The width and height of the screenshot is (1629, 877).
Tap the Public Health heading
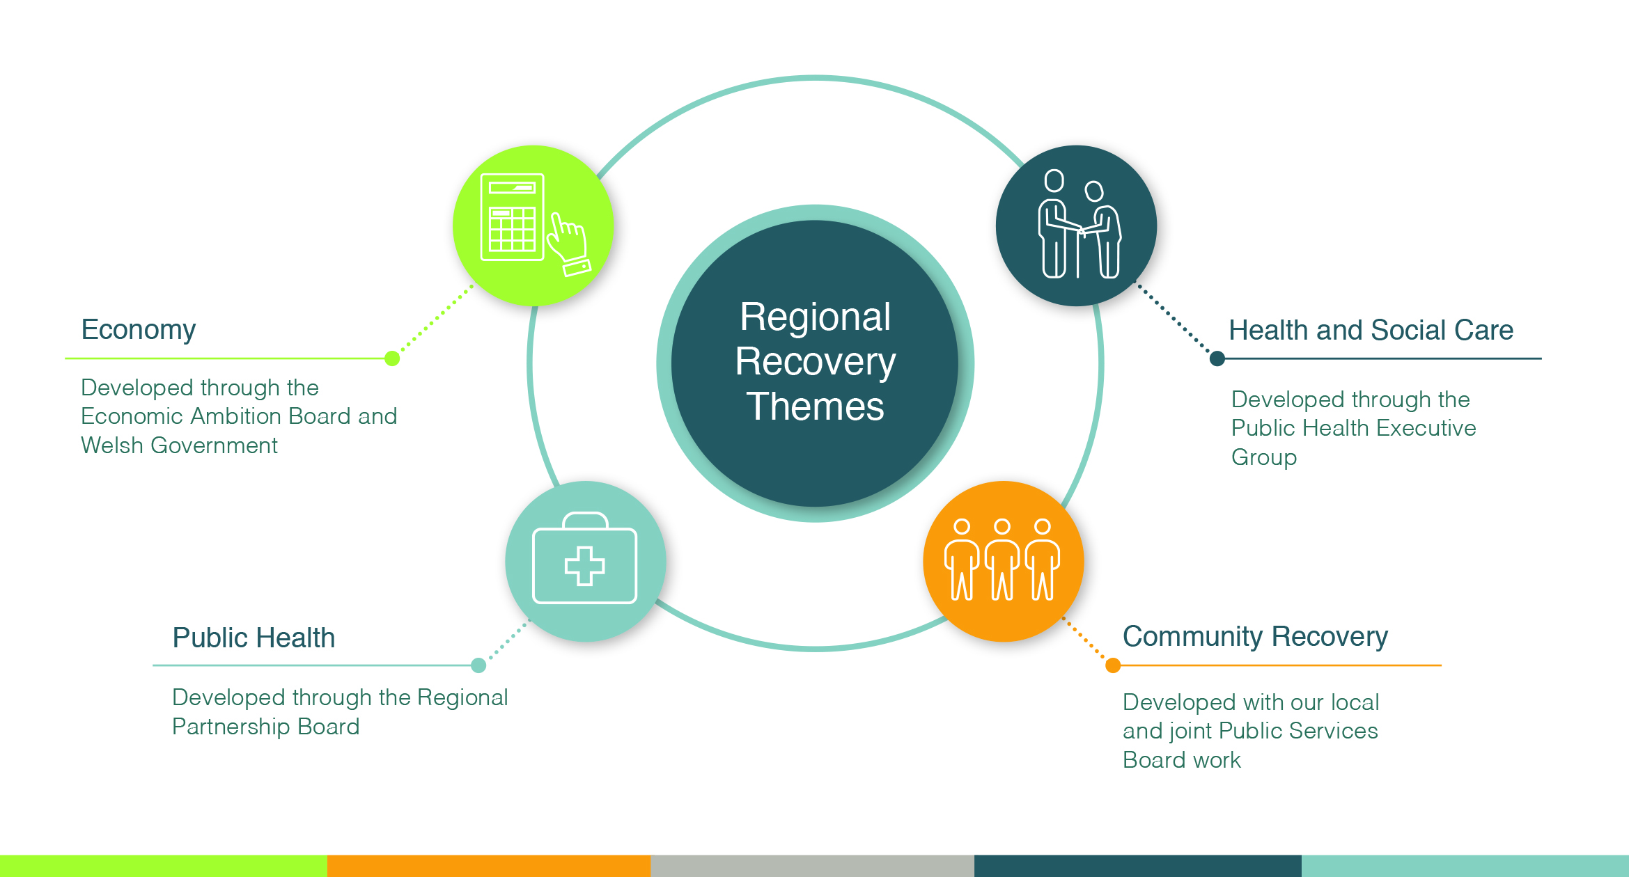(x=254, y=638)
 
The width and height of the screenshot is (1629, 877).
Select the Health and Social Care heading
(x=1371, y=330)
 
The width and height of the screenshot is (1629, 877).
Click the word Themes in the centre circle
(x=815, y=406)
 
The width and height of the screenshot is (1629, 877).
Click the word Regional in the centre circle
(x=815, y=317)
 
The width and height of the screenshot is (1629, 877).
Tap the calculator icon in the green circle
(x=512, y=217)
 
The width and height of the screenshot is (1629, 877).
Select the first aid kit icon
(x=584, y=558)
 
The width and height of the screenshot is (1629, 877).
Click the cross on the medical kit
(x=584, y=566)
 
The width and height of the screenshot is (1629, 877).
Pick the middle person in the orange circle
(x=1002, y=559)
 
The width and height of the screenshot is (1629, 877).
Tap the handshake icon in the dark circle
(x=1079, y=224)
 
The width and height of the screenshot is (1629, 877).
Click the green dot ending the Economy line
(x=392, y=358)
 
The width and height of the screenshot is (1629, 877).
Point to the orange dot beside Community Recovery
(x=1113, y=665)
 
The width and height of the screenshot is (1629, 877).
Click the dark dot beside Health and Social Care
(x=1217, y=358)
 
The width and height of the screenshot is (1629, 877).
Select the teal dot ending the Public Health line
(x=478, y=665)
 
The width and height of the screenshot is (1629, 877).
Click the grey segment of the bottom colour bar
(x=812, y=866)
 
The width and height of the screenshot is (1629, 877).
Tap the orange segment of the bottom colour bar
(x=489, y=866)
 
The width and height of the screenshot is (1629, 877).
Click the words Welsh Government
(x=179, y=445)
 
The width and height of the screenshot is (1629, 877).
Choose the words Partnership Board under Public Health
(x=266, y=727)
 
